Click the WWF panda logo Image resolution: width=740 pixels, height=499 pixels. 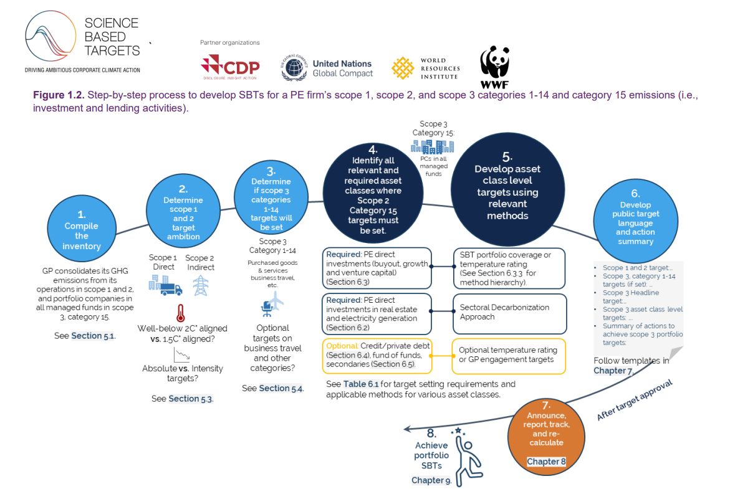(x=494, y=67)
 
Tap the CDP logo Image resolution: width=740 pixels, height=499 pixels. (x=230, y=67)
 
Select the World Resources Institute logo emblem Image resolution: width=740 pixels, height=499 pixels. (x=403, y=68)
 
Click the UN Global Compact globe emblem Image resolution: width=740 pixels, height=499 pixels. (x=294, y=67)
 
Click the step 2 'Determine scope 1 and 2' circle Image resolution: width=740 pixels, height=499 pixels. (x=183, y=211)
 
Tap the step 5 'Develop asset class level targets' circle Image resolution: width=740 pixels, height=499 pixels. (x=508, y=189)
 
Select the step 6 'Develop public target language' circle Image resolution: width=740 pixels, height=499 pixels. (x=635, y=221)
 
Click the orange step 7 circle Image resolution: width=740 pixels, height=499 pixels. (x=546, y=436)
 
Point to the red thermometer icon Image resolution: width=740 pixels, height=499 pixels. (x=180, y=313)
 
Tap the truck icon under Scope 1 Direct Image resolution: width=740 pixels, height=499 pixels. (x=171, y=289)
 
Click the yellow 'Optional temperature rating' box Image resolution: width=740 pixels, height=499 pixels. (x=509, y=356)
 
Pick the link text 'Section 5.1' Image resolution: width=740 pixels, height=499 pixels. (x=93, y=336)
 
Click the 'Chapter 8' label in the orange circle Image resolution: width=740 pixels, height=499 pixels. (x=546, y=461)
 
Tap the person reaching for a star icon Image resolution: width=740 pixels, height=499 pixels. (x=467, y=456)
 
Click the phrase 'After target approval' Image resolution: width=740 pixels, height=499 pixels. (x=635, y=400)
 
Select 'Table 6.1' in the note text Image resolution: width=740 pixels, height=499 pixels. (x=360, y=384)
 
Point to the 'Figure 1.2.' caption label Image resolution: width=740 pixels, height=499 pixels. (x=59, y=95)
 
